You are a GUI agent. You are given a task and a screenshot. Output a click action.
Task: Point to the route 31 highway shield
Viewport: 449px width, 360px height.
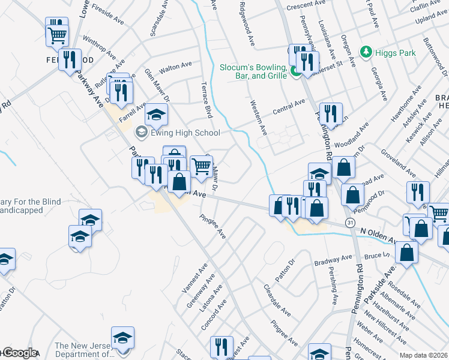point(349,223)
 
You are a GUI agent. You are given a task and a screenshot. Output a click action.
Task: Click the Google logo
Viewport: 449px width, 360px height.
point(19,353)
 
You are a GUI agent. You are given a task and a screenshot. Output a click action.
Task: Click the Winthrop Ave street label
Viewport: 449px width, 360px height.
point(100,47)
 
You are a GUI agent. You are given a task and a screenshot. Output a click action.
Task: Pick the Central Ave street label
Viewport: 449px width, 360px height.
point(289,107)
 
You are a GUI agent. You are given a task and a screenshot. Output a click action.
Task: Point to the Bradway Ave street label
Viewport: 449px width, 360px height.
point(334,260)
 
